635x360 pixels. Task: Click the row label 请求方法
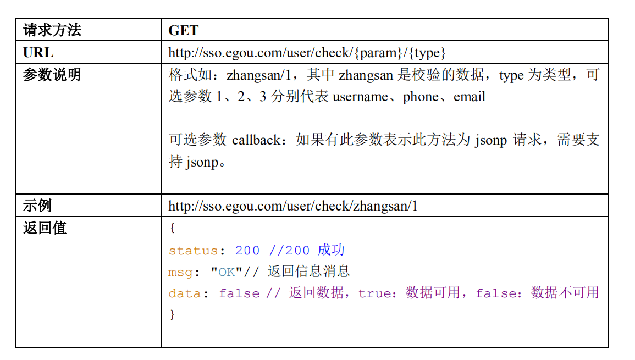tap(52, 30)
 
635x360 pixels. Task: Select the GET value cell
tap(183, 31)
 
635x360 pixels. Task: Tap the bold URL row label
tap(38, 53)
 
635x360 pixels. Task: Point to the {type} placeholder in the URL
tap(427, 53)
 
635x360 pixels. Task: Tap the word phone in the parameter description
tap(421, 97)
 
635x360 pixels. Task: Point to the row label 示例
tap(37, 206)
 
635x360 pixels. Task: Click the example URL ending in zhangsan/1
tap(292, 206)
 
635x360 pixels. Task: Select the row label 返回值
tap(45, 228)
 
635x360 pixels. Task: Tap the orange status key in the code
tap(193, 251)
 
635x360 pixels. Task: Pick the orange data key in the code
tap(185, 293)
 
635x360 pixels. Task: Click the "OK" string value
tap(227, 272)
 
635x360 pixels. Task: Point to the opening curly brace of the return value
tap(172, 228)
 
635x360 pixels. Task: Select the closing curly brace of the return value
tap(172, 315)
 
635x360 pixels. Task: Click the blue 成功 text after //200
tap(331, 250)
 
